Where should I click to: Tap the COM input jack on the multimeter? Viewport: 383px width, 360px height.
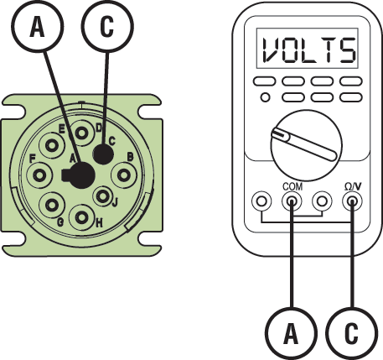(x=291, y=202)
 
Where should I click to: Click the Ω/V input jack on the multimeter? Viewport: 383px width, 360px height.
(x=351, y=202)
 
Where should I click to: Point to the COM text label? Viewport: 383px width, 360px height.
(x=291, y=186)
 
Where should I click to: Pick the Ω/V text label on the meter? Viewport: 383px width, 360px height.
(x=352, y=186)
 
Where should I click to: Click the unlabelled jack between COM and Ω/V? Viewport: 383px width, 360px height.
(x=321, y=202)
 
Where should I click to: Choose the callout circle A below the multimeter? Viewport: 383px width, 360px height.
(x=290, y=334)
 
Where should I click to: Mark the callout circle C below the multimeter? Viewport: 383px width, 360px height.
(x=353, y=334)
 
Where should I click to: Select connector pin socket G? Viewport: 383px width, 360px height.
(x=52, y=205)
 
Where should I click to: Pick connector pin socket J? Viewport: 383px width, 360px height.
(x=104, y=197)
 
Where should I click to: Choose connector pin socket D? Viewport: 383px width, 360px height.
(x=81, y=133)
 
